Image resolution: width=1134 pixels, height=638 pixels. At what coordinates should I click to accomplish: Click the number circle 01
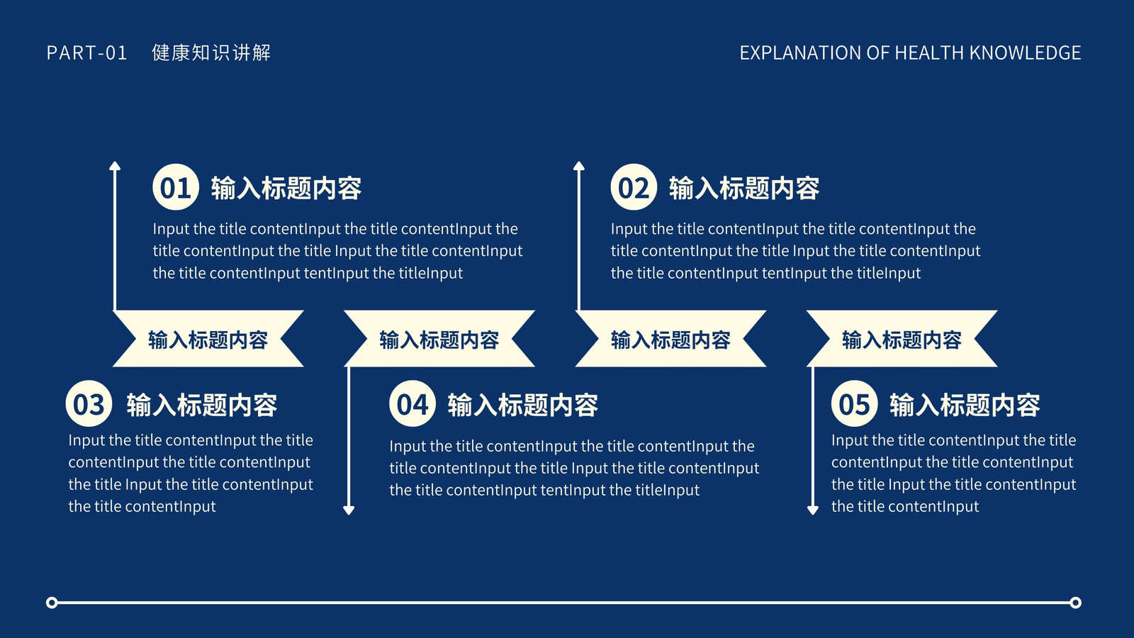[x=176, y=187]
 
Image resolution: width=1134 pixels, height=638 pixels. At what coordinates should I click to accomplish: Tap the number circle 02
[x=634, y=187]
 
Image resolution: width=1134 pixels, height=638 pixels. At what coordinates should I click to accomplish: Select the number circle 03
[x=89, y=403]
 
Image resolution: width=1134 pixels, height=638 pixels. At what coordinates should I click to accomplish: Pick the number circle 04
[x=412, y=403]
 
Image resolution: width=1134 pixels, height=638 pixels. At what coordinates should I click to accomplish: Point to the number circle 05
[x=855, y=403]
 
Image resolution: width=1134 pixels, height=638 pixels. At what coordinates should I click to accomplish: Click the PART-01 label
[x=86, y=52]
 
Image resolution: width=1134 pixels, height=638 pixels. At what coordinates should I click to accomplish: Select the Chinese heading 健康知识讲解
[x=211, y=52]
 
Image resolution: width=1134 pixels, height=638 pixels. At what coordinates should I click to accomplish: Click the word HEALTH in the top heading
[x=929, y=52]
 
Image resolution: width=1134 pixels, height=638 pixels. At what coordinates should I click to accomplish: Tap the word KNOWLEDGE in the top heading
[x=1025, y=52]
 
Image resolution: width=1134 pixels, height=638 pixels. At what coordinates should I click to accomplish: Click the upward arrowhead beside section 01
[x=115, y=166]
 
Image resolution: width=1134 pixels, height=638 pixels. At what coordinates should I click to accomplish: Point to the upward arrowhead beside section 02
[x=578, y=166]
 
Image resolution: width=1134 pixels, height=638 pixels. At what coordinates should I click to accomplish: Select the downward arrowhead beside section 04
[x=348, y=510]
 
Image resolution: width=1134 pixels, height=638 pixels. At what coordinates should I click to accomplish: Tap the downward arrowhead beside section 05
[x=812, y=510]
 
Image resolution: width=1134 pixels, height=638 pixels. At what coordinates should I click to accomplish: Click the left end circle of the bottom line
[x=52, y=603]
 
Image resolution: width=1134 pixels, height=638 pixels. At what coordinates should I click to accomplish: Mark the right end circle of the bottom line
[x=1076, y=603]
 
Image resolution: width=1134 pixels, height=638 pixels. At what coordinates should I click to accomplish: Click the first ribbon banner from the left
[x=208, y=339]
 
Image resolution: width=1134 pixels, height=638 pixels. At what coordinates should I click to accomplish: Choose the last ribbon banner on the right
[x=902, y=339]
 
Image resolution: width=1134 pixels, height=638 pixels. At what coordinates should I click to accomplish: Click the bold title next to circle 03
[x=201, y=405]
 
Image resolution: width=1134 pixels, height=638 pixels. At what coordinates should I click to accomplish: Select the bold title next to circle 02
[x=744, y=189]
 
